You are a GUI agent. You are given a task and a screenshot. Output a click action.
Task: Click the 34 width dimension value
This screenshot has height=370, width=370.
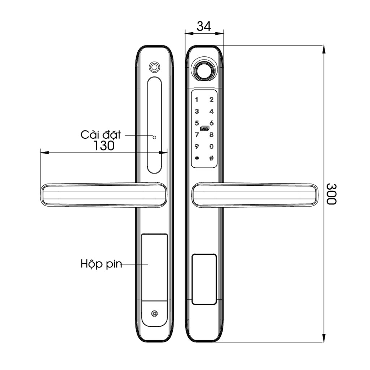click(204, 26)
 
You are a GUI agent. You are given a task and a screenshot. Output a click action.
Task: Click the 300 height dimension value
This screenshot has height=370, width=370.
click(331, 194)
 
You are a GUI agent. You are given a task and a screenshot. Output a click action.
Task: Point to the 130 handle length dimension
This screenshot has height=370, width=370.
click(104, 145)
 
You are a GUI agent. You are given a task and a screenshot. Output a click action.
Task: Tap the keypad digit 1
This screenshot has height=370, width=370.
click(197, 100)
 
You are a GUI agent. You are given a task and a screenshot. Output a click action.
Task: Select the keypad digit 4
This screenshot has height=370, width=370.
click(211, 111)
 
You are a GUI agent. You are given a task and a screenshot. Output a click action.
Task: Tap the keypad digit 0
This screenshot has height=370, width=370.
click(211, 147)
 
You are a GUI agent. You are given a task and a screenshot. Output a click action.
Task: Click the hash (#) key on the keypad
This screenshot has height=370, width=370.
click(211, 158)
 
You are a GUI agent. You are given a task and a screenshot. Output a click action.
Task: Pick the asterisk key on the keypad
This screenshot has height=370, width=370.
click(197, 158)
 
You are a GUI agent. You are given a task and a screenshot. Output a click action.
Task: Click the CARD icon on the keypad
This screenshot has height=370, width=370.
click(205, 129)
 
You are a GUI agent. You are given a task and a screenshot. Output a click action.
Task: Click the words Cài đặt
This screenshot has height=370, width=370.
click(101, 134)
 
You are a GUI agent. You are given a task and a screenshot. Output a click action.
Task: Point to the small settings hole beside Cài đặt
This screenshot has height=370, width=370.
click(154, 137)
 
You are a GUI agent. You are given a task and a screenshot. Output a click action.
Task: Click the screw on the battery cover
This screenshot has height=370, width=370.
click(155, 314)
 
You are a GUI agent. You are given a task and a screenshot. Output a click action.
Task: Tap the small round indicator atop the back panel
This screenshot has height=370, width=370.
click(154, 67)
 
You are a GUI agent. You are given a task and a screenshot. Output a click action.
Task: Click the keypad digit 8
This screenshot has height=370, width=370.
click(211, 135)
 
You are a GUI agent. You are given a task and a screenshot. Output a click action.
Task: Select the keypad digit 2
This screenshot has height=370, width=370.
click(211, 100)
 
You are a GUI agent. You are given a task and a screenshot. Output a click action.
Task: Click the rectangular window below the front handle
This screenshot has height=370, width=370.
click(205, 279)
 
